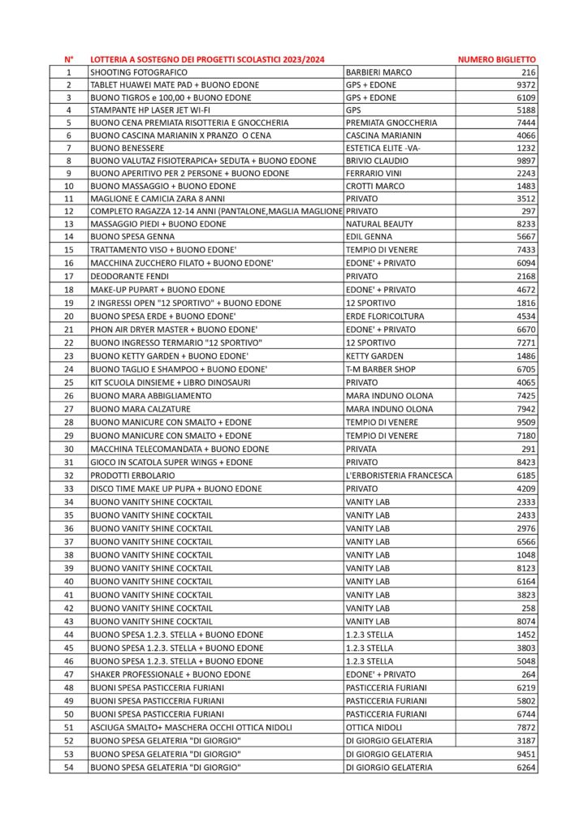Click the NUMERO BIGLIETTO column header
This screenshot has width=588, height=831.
coord(497,59)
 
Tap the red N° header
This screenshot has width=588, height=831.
coord(69,59)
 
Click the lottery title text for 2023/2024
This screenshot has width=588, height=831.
coord(207,59)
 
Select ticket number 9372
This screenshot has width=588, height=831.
coord(524,85)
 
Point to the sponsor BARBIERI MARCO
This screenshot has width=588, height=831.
coord(378,72)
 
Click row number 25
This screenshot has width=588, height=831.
coord(69,382)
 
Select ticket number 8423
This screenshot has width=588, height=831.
coord(524,462)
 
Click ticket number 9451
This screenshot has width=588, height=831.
coord(524,754)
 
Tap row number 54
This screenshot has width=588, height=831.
coord(69,767)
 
